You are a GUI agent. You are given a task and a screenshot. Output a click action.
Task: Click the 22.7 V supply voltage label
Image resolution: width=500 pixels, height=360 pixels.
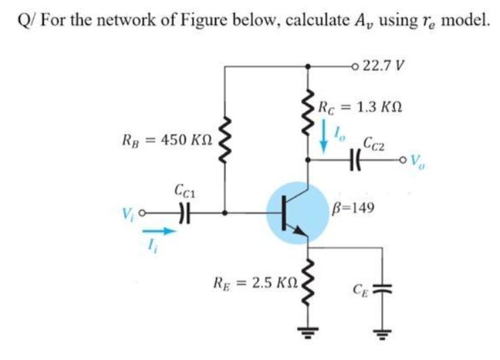(384, 66)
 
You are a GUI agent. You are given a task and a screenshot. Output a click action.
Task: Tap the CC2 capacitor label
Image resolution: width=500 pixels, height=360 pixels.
(376, 143)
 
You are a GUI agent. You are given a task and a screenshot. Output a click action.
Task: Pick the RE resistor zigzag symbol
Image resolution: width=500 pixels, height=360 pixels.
(310, 279)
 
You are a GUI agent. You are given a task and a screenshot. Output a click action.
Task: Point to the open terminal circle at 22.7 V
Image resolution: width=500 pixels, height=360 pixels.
(357, 66)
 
